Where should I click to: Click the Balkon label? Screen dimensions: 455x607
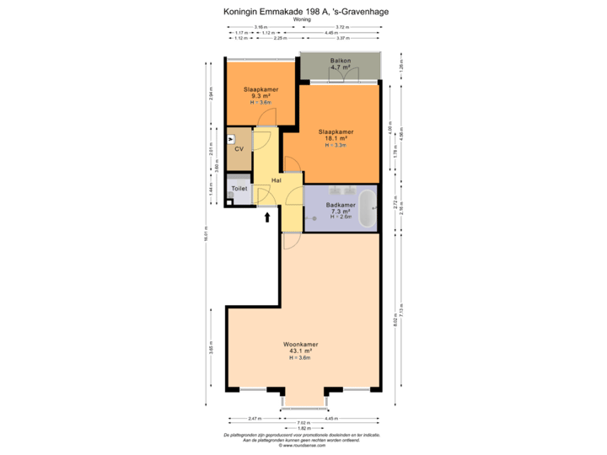tap(341, 61)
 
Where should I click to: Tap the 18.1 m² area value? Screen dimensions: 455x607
tap(335, 138)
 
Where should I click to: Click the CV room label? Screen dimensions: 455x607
tap(239, 149)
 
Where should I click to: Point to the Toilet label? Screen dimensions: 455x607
tap(239, 189)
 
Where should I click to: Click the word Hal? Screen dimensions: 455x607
tap(276, 180)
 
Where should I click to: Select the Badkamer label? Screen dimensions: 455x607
tap(341, 205)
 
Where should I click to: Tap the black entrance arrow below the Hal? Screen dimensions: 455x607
tap(268, 218)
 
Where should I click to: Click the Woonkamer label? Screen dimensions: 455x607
tap(300, 345)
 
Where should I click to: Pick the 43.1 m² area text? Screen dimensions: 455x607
tap(300, 351)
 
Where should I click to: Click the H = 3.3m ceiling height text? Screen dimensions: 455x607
tap(335, 145)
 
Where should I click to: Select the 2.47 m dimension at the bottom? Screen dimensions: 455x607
tap(253, 418)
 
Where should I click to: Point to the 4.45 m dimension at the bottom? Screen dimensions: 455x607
tap(343, 418)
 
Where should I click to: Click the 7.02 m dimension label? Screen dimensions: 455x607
tap(301, 423)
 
